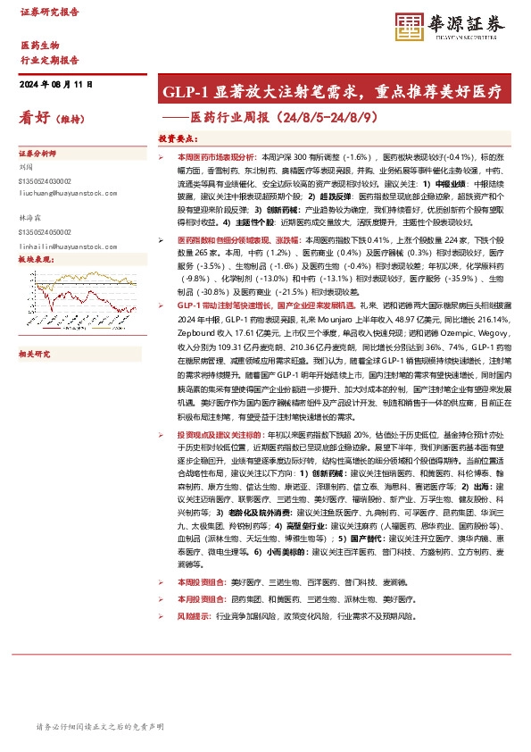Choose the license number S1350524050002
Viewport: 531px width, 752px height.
(x=46, y=231)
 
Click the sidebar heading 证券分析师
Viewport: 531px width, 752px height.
(x=37, y=153)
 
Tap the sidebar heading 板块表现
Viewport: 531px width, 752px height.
(x=37, y=259)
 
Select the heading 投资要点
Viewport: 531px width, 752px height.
(x=177, y=139)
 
